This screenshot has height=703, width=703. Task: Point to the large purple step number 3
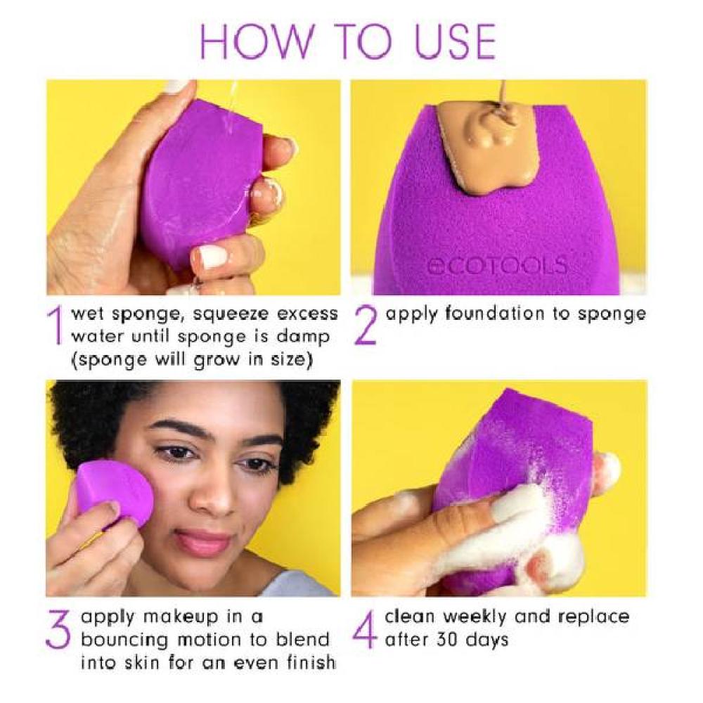click(x=58, y=629)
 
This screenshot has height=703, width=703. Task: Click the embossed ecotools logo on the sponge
click(x=497, y=266)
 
